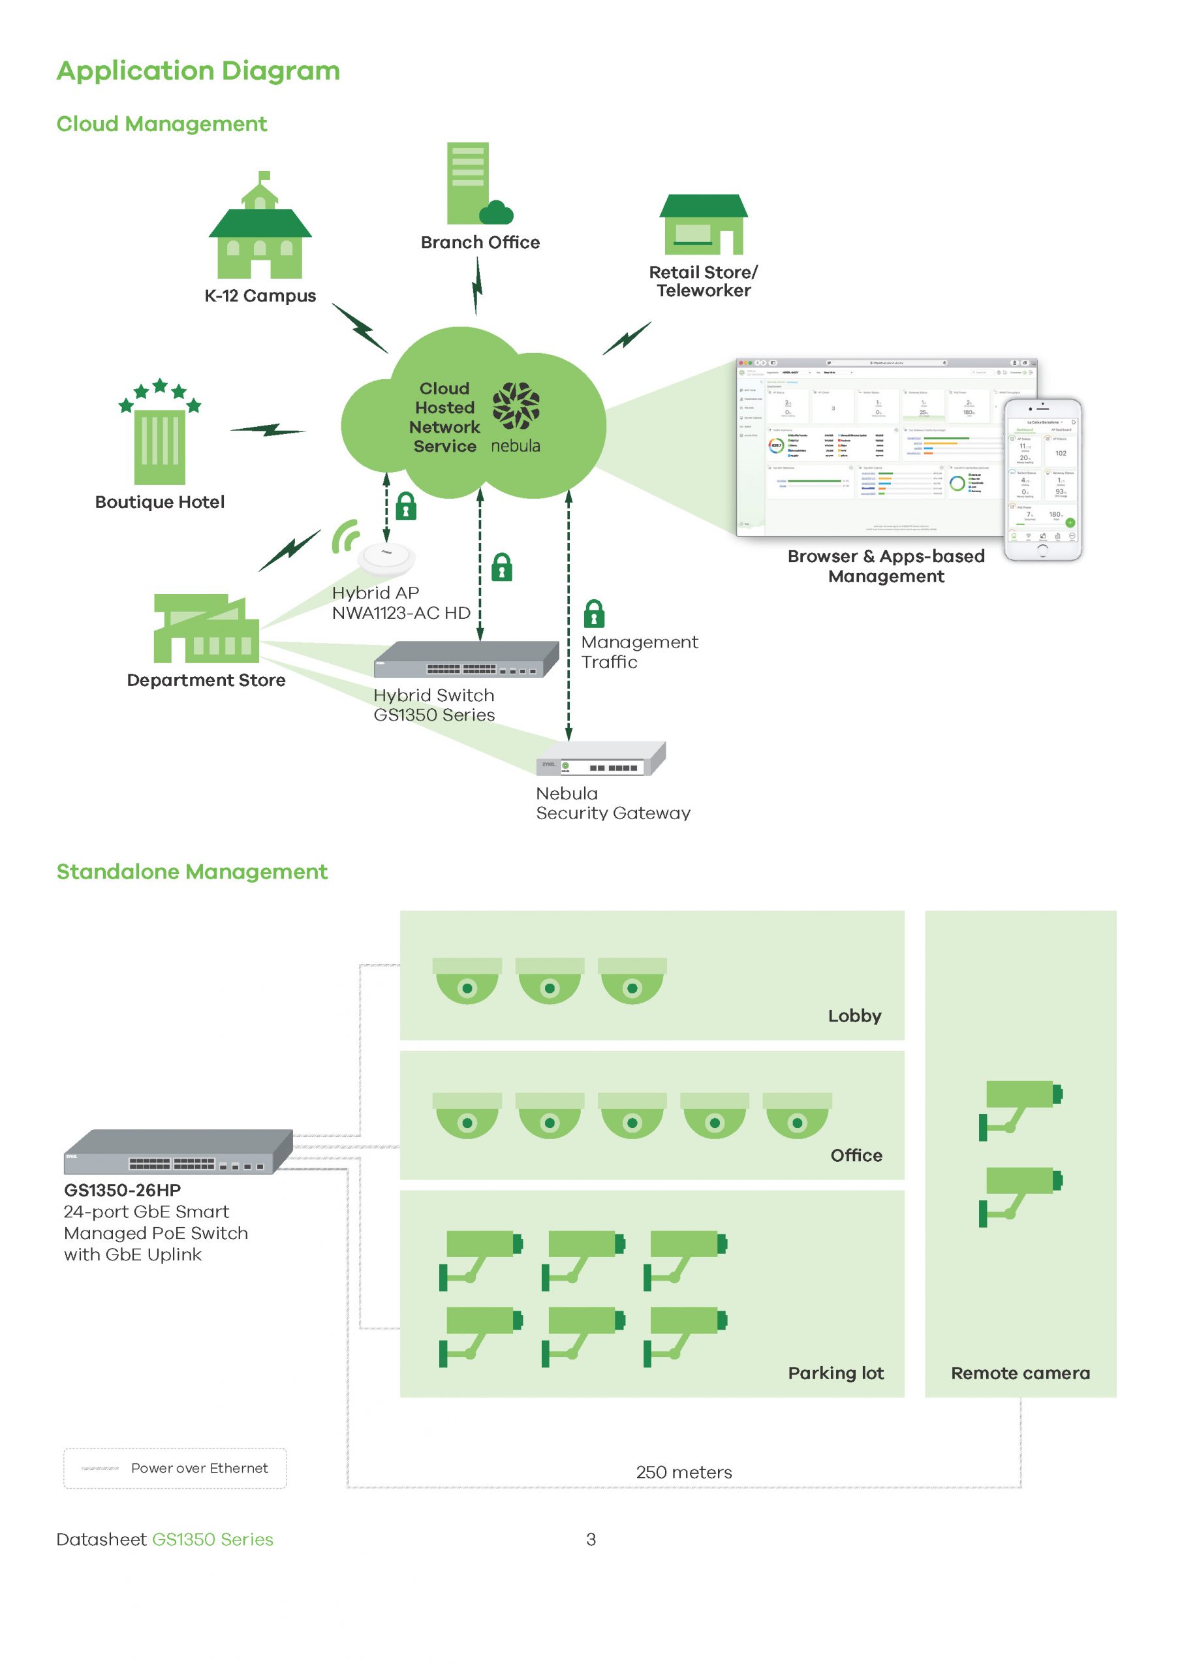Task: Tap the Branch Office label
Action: (x=480, y=242)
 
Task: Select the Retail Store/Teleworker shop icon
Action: (x=703, y=224)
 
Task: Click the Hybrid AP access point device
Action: (x=386, y=558)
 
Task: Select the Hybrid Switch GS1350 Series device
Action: (x=466, y=659)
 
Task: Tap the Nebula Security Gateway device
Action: (x=601, y=759)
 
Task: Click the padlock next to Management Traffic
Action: (x=594, y=614)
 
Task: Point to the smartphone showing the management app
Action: (x=1042, y=480)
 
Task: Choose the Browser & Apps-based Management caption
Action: (x=886, y=566)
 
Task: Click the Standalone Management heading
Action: (x=192, y=872)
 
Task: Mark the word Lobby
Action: (x=854, y=1016)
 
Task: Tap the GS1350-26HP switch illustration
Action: (x=178, y=1152)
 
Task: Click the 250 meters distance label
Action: (x=683, y=1473)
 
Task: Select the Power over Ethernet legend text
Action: (x=200, y=1468)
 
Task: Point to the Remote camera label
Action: (x=1019, y=1373)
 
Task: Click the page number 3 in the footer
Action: (x=591, y=1539)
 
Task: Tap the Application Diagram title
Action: (x=198, y=70)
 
